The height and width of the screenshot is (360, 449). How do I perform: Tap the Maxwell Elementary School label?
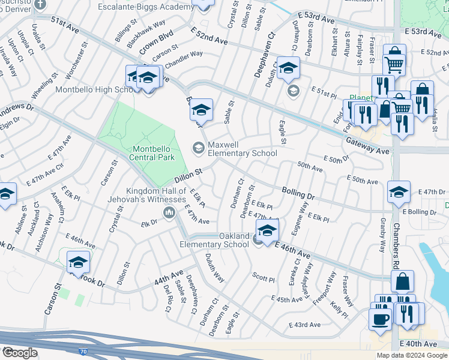coord(243,149)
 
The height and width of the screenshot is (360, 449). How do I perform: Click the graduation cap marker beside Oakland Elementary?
coord(268,229)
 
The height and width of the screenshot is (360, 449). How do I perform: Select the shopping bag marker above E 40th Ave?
coord(402,281)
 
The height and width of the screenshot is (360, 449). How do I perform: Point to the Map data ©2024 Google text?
coord(411,355)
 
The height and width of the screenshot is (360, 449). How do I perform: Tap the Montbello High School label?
coord(93,90)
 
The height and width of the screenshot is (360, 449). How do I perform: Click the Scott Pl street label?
coord(263,278)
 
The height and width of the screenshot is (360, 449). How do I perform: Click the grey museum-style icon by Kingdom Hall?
coord(169,213)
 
